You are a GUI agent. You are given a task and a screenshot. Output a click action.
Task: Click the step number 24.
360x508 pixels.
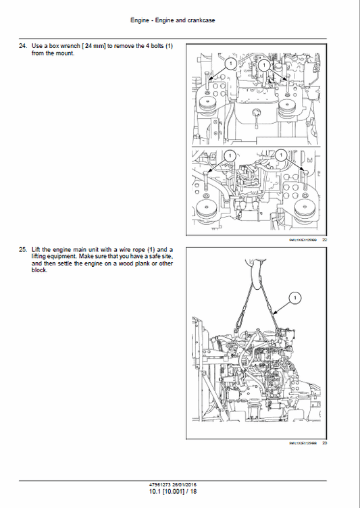pos(23,46)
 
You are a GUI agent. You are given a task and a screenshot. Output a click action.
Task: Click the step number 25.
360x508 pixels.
pos(23,249)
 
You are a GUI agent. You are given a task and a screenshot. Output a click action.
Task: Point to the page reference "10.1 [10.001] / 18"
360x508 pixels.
pos(174,492)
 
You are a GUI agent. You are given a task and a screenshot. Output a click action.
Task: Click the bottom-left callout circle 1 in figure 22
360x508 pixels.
pos(230,155)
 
